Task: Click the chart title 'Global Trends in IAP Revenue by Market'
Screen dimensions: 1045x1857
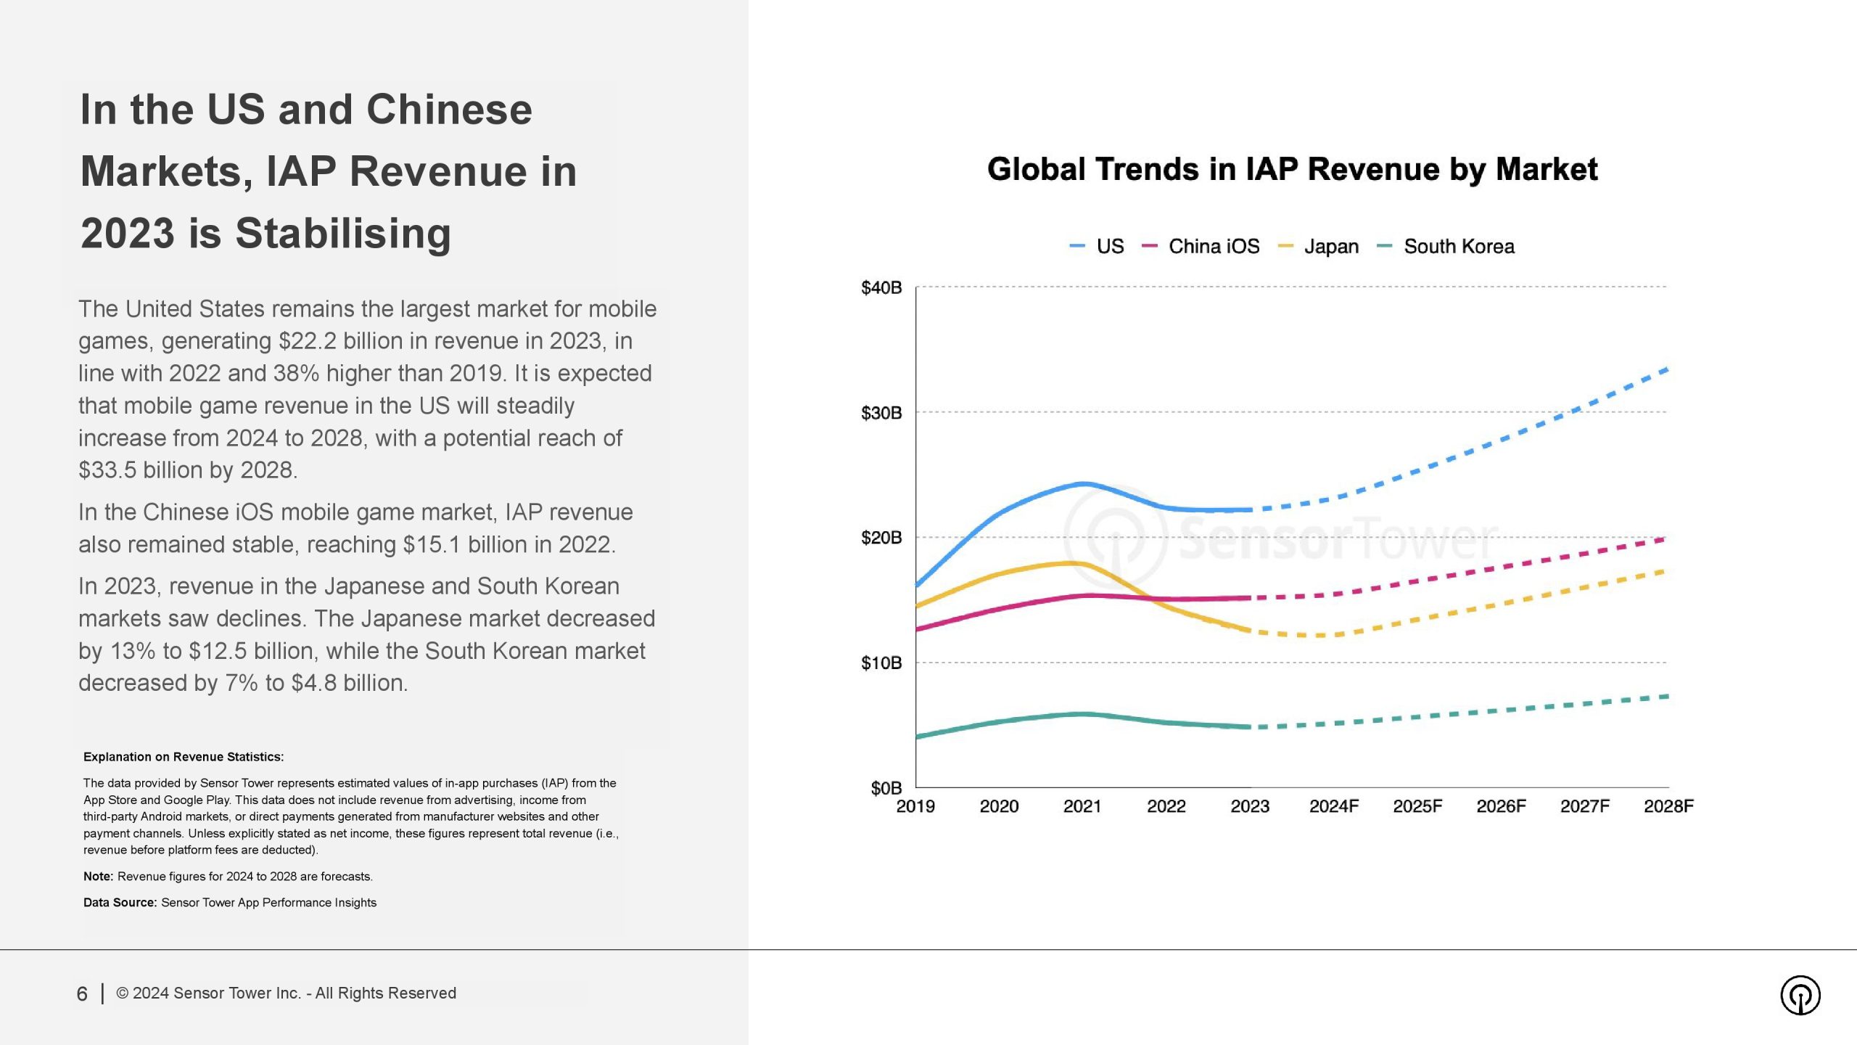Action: tap(1292, 170)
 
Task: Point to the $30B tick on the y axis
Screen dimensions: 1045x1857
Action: tap(881, 413)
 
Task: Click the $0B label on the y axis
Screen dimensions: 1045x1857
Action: tap(886, 788)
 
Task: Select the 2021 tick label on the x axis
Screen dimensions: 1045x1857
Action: tap(1082, 806)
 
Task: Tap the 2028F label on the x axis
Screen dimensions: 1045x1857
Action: tap(1668, 806)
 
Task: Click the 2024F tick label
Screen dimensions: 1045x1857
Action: tap(1333, 806)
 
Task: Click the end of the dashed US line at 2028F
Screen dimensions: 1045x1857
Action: tap(1667, 369)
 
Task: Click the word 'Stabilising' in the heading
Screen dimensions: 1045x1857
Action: tap(342, 234)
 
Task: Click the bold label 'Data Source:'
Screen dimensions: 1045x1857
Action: tap(120, 903)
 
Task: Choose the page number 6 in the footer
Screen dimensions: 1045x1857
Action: tap(82, 994)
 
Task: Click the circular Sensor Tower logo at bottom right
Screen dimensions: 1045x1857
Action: tap(1800, 996)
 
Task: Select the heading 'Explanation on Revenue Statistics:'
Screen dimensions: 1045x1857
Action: tap(184, 757)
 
